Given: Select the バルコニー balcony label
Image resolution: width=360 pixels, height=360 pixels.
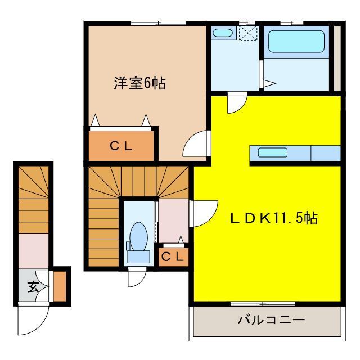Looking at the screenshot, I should click(x=271, y=321).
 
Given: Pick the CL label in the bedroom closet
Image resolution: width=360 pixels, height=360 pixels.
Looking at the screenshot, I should click(x=121, y=146).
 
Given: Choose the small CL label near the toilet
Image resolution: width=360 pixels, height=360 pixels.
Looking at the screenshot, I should click(x=173, y=257).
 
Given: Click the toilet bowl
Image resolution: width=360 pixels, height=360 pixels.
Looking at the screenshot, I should click(x=138, y=235).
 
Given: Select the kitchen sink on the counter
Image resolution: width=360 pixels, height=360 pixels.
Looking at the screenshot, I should click(x=273, y=152).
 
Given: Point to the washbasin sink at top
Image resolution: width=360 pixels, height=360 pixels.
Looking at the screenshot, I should click(x=223, y=33).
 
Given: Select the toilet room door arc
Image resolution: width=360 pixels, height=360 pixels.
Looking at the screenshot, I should click(x=136, y=277).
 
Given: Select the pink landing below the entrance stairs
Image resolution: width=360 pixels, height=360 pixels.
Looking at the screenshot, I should click(x=35, y=249).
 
